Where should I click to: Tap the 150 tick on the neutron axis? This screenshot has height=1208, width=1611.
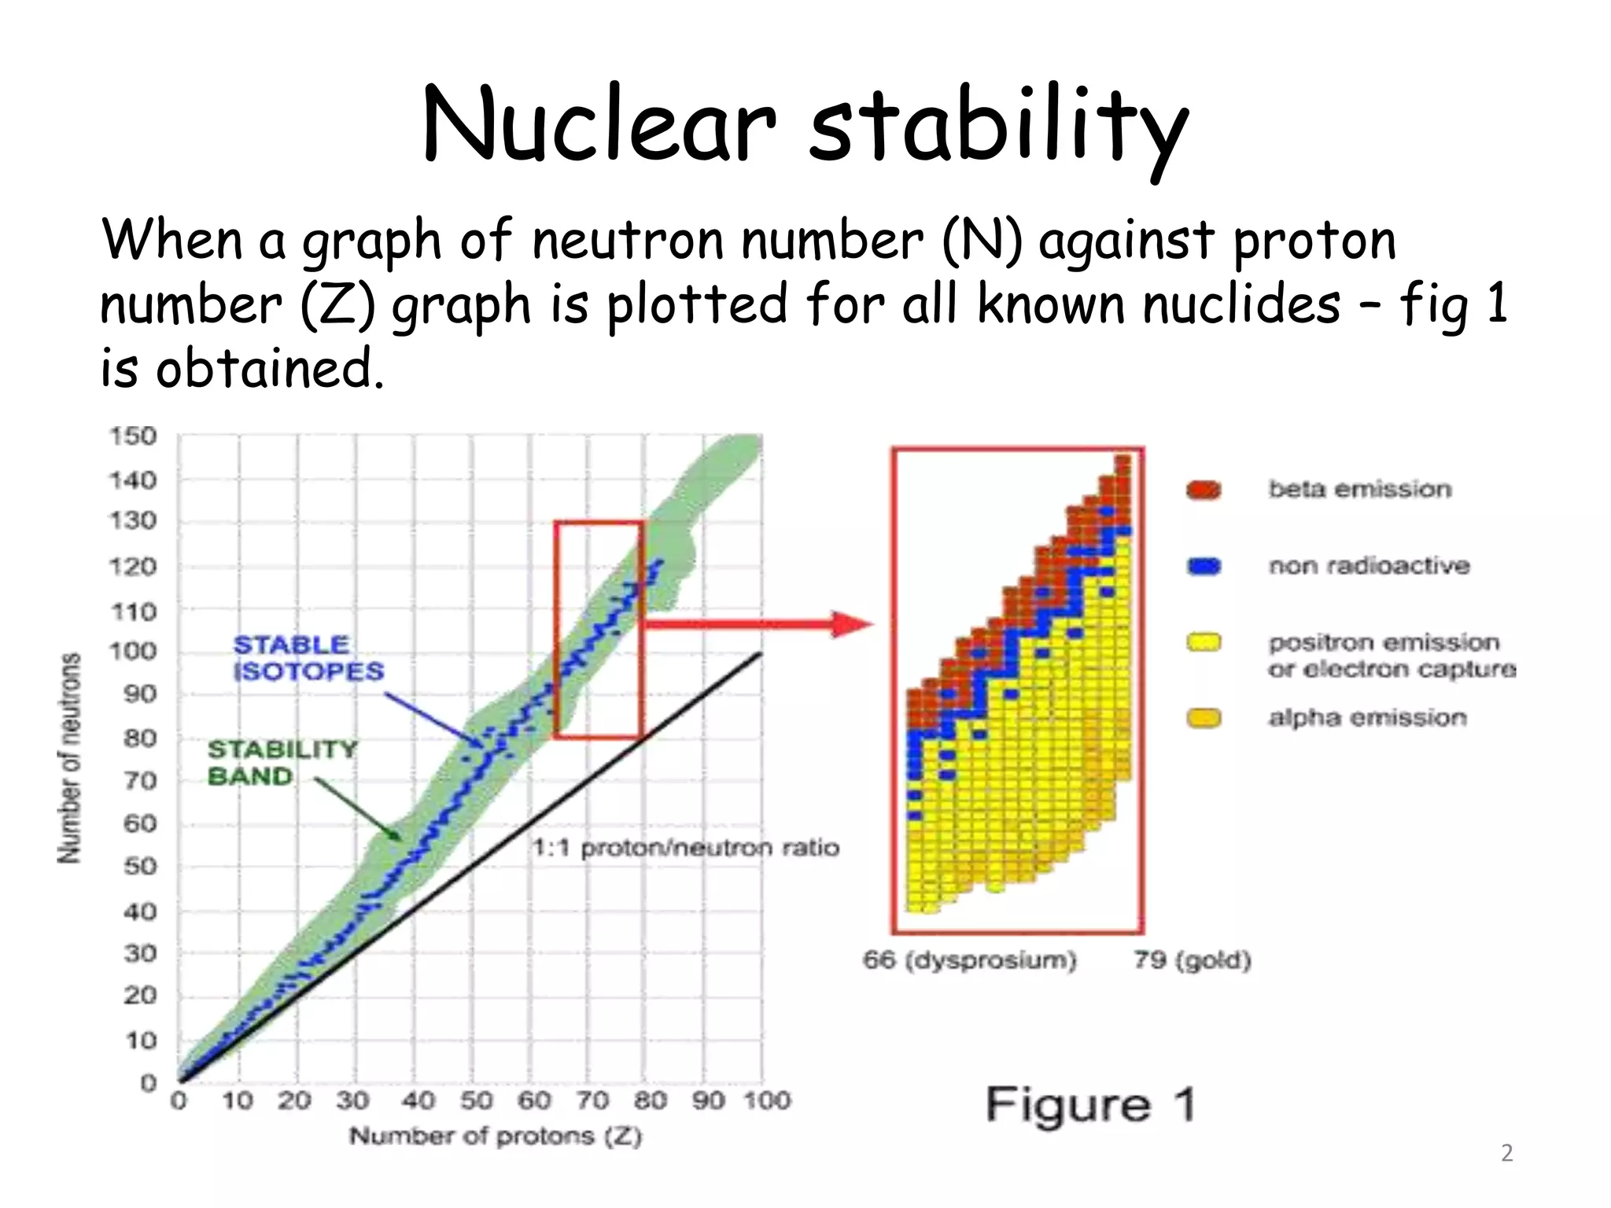tap(132, 436)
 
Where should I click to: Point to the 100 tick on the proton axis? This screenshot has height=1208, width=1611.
tap(767, 1099)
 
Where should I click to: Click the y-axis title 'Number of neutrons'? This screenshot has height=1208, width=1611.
tap(70, 757)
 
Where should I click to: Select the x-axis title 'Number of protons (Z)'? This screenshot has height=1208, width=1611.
tap(496, 1136)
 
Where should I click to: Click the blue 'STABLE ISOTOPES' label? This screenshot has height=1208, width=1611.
tap(308, 657)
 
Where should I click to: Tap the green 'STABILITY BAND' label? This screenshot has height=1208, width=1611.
tap(282, 762)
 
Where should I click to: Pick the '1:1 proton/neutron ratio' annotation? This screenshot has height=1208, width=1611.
tap(686, 847)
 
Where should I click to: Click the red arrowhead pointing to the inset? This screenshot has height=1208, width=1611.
tap(853, 624)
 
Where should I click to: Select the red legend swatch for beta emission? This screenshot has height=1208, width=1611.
tap(1204, 490)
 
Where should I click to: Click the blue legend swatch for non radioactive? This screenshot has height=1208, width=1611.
tap(1204, 565)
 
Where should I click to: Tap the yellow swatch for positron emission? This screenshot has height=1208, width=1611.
tap(1204, 643)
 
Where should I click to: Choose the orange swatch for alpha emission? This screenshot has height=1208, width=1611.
tap(1204, 718)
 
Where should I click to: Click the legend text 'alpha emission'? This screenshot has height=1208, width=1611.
tap(1367, 717)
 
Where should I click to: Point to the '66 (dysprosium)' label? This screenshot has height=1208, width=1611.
tap(969, 959)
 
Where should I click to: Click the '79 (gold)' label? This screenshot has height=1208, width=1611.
tap(1192, 959)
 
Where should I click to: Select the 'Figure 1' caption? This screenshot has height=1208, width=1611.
tap(1090, 1104)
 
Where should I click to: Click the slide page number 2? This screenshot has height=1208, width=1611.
tap(1506, 1153)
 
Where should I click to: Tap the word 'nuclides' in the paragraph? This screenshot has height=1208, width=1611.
tap(1241, 304)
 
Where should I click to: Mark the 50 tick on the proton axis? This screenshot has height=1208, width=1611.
tap(475, 1099)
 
